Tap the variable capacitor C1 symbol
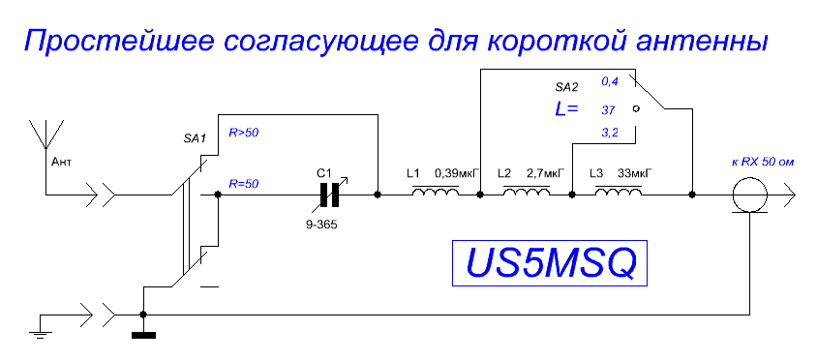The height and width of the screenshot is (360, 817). [x=329, y=195]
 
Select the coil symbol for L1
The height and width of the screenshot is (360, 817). [x=436, y=192]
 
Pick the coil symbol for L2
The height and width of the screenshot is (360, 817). [x=527, y=192]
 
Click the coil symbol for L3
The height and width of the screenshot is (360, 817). [x=619, y=192]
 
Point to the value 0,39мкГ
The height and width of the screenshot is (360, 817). [x=457, y=172]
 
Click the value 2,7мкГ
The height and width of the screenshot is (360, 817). [x=546, y=172]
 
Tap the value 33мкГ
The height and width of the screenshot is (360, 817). [x=636, y=172]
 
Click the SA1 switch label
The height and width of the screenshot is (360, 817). [x=195, y=139]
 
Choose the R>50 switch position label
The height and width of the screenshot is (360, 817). [x=244, y=133]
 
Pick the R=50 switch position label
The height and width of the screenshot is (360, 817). [x=244, y=184]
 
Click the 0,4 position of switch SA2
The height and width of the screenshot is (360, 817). [x=610, y=81]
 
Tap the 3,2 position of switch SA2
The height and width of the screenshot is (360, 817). [x=610, y=134]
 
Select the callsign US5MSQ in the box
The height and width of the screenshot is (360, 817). [x=551, y=263]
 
